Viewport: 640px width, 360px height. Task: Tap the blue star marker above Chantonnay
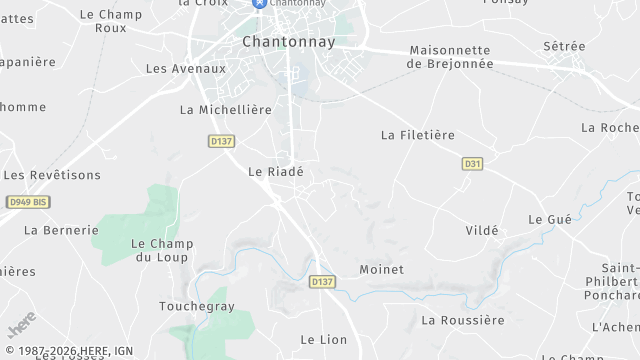pos(260,4)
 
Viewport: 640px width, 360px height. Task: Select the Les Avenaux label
pos(186,69)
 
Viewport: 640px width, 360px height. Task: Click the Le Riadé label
pos(275,172)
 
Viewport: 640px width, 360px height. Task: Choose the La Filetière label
pos(418,134)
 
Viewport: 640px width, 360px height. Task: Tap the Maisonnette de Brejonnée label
pos(451,56)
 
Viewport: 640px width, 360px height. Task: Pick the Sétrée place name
pos(564,46)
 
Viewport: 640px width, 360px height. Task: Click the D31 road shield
pos(473,162)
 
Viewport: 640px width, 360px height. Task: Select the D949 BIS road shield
pos(28,202)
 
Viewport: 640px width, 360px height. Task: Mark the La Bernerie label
pos(61,230)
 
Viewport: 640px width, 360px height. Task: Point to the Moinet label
pos(381,270)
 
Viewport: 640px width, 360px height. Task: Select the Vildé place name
pos(482,230)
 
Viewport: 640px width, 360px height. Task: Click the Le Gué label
pos(549,219)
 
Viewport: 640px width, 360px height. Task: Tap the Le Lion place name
pos(324,340)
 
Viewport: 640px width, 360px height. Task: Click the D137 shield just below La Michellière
pos(222,142)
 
